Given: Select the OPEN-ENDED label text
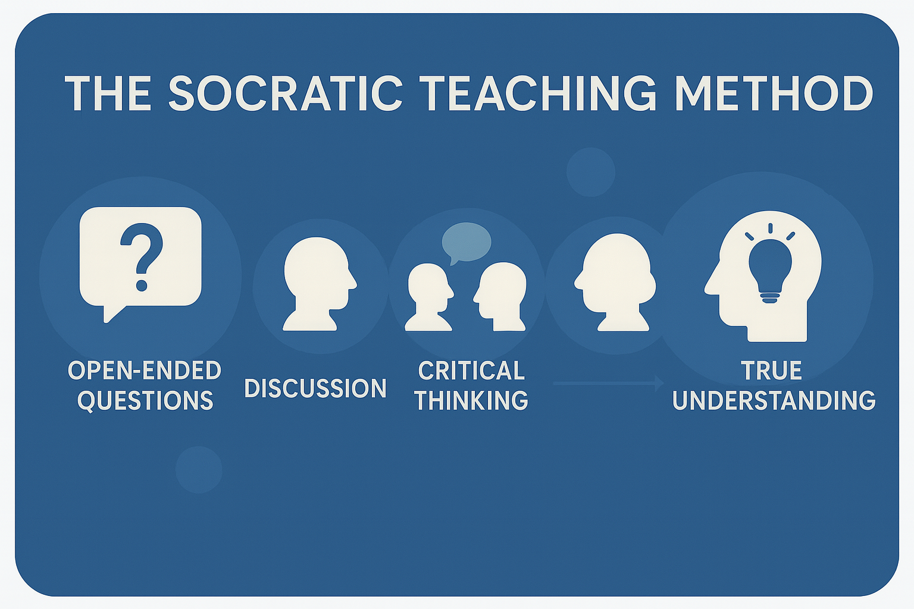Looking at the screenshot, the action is pyautogui.click(x=145, y=371).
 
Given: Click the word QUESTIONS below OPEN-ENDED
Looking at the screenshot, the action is pyautogui.click(x=145, y=400).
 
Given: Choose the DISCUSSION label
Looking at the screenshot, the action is pyautogui.click(x=315, y=388).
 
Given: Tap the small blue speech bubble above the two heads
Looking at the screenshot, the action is pyautogui.click(x=467, y=242).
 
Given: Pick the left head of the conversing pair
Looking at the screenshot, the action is pyautogui.click(x=429, y=297).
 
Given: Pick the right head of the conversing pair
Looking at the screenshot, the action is pyautogui.click(x=500, y=296).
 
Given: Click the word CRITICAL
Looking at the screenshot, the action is pyautogui.click(x=471, y=371).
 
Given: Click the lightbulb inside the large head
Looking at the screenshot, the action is pyautogui.click(x=770, y=269).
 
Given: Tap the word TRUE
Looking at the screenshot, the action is pyautogui.click(x=772, y=371).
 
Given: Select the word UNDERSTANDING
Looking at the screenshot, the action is pyautogui.click(x=774, y=400).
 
